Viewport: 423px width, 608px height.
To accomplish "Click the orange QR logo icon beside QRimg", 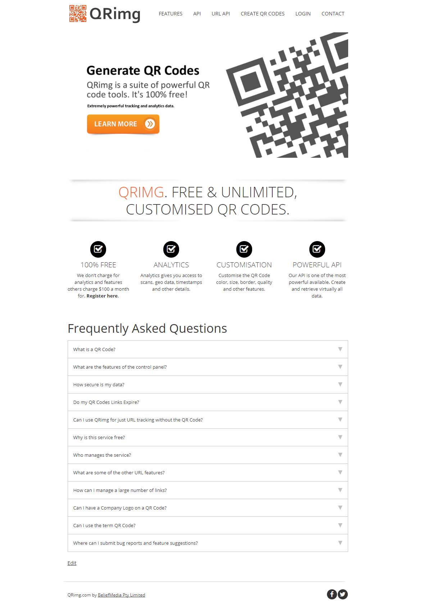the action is point(78,13).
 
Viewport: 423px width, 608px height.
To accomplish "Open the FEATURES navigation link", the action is point(170,14).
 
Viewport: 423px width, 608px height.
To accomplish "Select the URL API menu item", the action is point(220,14).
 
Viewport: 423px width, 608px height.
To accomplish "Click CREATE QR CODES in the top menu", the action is point(263,14).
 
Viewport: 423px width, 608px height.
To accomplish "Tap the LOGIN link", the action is point(303,14).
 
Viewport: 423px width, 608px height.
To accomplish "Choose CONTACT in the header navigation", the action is point(333,14).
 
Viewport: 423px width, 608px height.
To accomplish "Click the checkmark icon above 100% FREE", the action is point(98,249).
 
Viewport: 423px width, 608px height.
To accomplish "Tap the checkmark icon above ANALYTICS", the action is point(171,249).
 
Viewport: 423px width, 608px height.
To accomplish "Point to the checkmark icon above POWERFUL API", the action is point(317,249).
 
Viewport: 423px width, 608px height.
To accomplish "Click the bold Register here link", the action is point(102,296).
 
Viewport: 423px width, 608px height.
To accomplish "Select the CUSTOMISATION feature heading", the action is point(244,264).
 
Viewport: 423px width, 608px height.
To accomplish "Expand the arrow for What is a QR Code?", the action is point(340,349).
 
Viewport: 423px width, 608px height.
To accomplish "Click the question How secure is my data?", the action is point(99,384).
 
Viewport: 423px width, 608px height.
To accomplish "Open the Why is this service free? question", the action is point(99,437).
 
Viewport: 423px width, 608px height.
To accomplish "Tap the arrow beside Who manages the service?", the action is point(340,455).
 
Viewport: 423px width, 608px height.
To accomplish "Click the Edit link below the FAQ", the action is point(72,563).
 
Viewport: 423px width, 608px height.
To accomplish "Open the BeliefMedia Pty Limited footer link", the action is point(122,595).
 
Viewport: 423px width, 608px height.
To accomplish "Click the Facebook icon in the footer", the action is point(332,594).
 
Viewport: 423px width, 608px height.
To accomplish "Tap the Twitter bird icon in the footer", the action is point(342,594).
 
